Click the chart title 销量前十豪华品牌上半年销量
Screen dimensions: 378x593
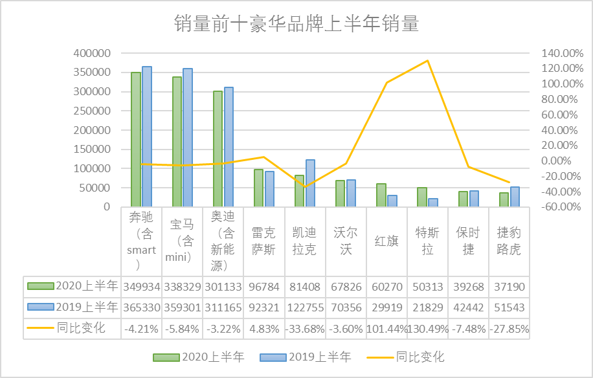click(296, 25)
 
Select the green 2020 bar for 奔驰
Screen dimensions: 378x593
click(136, 139)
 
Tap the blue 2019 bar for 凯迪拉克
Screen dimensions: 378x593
click(310, 183)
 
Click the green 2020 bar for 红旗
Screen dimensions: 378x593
click(381, 195)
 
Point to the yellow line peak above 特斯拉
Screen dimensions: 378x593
click(427, 61)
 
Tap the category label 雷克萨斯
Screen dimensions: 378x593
click(264, 241)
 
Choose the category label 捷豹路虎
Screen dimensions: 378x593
click(509, 241)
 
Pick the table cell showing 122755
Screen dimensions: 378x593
click(305, 307)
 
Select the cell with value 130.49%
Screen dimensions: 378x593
click(427, 328)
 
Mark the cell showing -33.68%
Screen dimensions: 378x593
click(305, 328)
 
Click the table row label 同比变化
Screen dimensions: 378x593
click(81, 328)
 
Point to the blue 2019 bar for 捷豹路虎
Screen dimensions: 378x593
click(515, 197)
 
